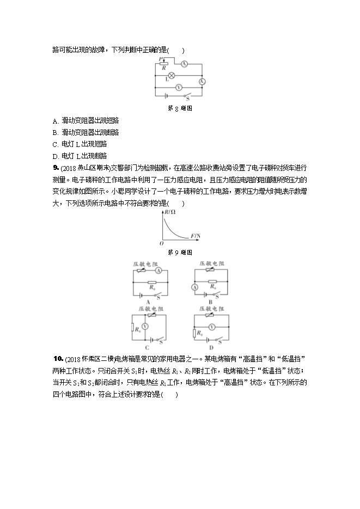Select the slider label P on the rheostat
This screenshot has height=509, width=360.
161,58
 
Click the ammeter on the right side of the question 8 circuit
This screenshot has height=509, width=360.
202,81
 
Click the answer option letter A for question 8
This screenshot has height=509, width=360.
56,120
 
